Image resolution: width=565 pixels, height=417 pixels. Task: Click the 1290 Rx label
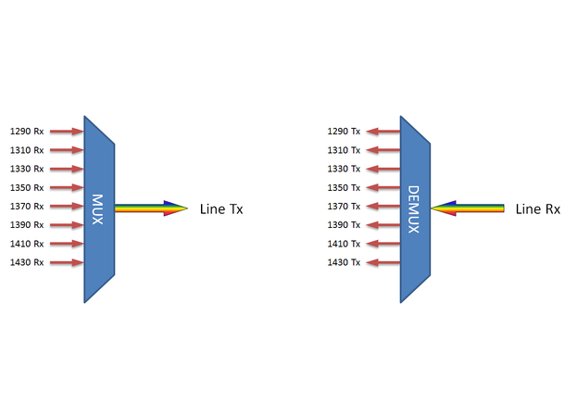pos(27,132)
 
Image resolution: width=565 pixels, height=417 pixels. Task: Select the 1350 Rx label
pos(27,187)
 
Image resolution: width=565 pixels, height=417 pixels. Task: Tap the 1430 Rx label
pos(27,262)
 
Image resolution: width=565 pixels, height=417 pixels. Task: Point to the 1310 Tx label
pos(344,150)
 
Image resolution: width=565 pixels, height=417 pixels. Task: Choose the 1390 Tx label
pos(344,225)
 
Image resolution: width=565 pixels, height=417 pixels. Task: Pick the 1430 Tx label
pos(344,262)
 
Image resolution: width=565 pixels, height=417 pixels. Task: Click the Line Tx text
pos(221,209)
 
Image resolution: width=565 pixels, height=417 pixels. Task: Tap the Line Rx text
pos(537,209)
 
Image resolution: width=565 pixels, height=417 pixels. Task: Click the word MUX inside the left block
pos(97,209)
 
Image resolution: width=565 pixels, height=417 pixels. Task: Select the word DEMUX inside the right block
pos(413,209)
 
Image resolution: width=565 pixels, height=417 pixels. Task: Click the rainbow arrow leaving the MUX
pos(151,208)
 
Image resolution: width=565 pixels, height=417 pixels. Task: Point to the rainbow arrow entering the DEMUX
pos(468,208)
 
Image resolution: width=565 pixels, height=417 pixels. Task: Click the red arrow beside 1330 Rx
pos(67,169)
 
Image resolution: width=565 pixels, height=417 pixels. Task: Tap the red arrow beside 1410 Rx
pos(67,244)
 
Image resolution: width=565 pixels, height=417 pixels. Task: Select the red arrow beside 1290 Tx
pos(383,132)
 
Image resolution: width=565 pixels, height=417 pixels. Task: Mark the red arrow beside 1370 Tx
pos(383,206)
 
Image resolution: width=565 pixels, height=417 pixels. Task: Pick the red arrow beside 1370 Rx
pos(67,206)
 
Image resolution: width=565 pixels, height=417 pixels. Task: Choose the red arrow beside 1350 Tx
pos(383,187)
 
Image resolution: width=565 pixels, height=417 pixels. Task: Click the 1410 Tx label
pos(344,244)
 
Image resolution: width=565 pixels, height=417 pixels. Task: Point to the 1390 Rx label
pos(27,225)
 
